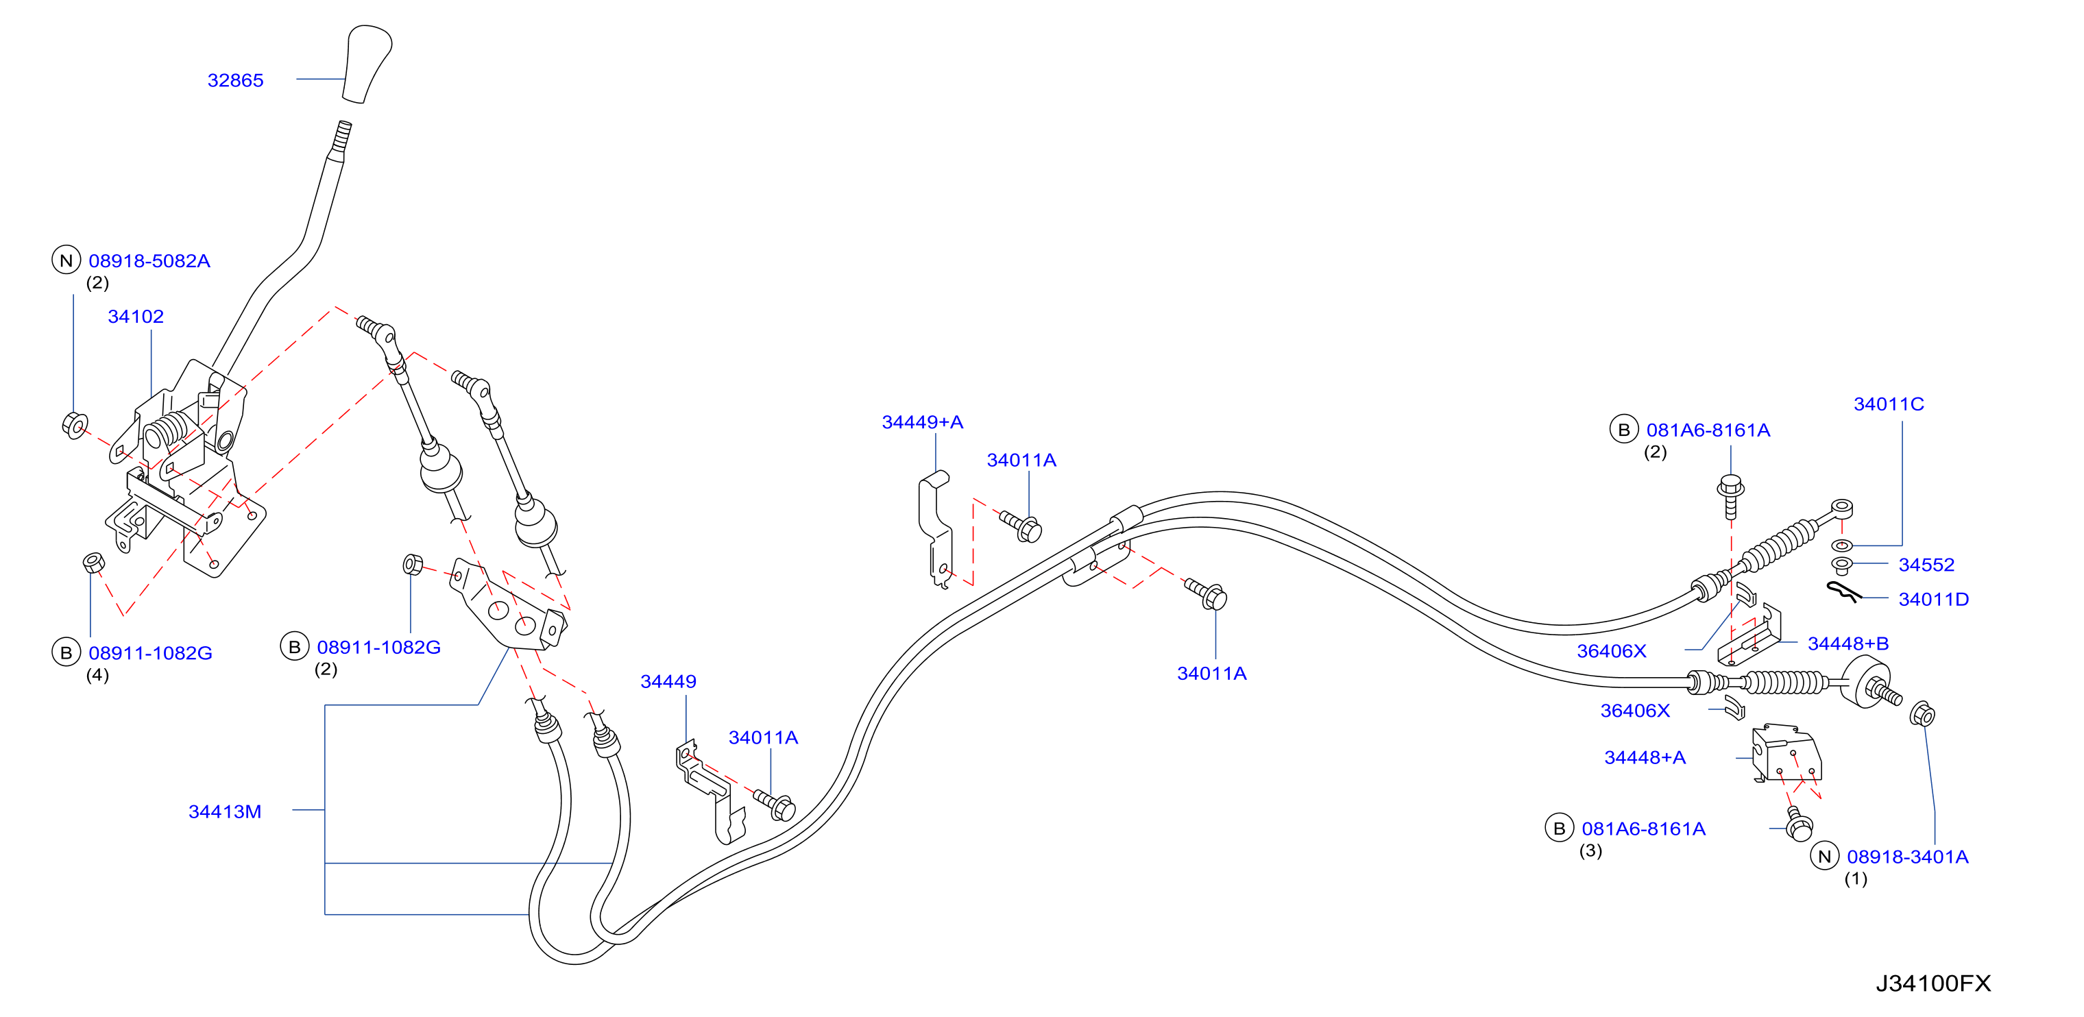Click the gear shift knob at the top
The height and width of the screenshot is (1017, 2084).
tap(367, 64)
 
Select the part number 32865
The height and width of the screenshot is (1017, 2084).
tap(235, 80)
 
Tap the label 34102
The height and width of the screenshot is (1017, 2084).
tap(136, 317)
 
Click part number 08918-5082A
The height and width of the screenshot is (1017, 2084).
tap(149, 260)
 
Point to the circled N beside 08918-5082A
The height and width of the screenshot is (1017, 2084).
tap(66, 260)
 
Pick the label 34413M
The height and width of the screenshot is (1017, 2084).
tap(225, 811)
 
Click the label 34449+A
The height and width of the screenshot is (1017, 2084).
tap(922, 421)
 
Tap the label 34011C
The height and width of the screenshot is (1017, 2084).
tap(1889, 404)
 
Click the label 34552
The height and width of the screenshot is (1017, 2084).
tap(1926, 565)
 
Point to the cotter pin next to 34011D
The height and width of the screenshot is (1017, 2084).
tap(1845, 592)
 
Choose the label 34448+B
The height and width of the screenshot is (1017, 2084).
tap(1849, 644)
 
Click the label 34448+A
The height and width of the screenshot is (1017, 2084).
tap(1645, 757)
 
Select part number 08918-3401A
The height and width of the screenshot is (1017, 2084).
tap(1908, 856)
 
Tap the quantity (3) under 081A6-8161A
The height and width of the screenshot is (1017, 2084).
tap(1590, 850)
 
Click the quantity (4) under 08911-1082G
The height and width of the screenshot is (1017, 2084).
tap(97, 675)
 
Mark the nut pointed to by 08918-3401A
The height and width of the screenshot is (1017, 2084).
tap(1923, 714)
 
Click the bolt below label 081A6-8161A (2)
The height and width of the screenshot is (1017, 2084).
tap(1730, 495)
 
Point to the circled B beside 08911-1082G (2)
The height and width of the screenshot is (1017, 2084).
tap(295, 646)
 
